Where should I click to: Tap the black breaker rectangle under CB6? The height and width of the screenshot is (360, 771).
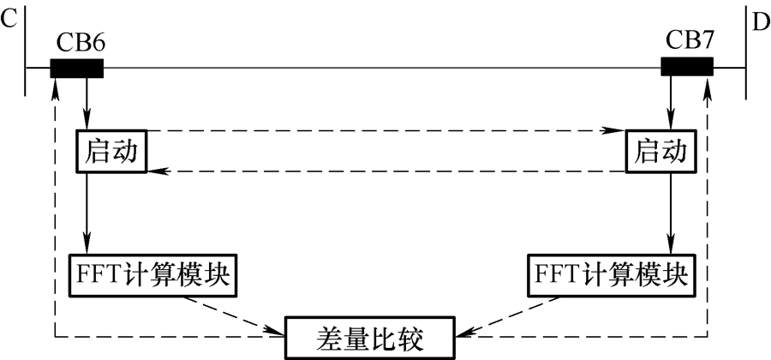[77, 68]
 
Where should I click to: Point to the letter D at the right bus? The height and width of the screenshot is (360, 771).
[761, 21]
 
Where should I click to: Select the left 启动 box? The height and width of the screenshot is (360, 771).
[111, 153]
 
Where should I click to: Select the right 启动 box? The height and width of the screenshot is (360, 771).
[660, 153]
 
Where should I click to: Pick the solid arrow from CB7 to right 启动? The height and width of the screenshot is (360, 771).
[671, 103]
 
